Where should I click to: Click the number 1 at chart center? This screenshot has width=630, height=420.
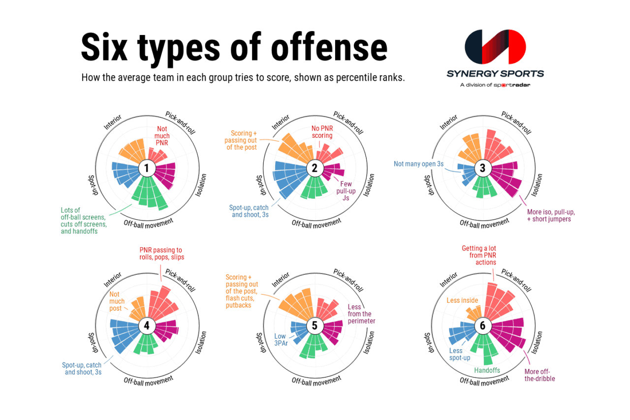pos(147,168)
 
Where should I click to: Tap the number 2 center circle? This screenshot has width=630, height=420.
pos(315,168)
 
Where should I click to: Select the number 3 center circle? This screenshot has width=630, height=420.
pos(483,168)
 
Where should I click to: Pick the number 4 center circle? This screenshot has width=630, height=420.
pos(147,325)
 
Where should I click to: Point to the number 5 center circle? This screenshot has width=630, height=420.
pos(315,325)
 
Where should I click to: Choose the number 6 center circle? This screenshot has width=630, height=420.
pos(483,325)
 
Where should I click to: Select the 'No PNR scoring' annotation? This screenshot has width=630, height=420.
pos(322,132)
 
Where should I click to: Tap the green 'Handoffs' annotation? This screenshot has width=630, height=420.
pos(487,370)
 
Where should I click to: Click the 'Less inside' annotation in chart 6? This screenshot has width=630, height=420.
pos(460,300)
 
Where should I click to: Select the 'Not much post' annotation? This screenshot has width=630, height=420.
pos(117,301)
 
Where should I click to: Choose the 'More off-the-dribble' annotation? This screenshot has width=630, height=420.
pos(539,375)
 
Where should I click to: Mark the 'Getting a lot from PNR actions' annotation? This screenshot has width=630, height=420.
pos(479,256)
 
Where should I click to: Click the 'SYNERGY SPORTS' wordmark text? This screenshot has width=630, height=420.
pos(495,74)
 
